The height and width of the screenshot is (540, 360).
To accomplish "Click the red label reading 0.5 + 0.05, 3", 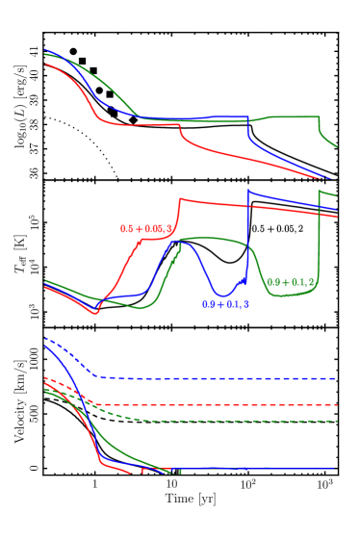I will (x=146, y=229).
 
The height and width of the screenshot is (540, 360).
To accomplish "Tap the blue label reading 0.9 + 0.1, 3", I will (x=225, y=304).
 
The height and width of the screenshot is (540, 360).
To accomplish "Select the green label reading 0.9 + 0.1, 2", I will (x=291, y=282).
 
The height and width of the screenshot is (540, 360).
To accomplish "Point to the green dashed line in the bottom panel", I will (x=241, y=421).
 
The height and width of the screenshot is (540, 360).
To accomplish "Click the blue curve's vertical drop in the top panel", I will (x=248, y=132).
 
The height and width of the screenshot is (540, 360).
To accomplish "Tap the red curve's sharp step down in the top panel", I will (x=180, y=133).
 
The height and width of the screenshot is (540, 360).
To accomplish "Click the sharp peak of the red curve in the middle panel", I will (x=180, y=199).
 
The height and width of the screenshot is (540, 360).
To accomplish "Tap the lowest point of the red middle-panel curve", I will (x=94, y=313).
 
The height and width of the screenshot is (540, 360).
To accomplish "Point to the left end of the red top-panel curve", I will (x=45, y=64).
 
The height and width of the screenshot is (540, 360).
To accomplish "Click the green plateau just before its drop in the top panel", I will (x=294, y=116).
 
